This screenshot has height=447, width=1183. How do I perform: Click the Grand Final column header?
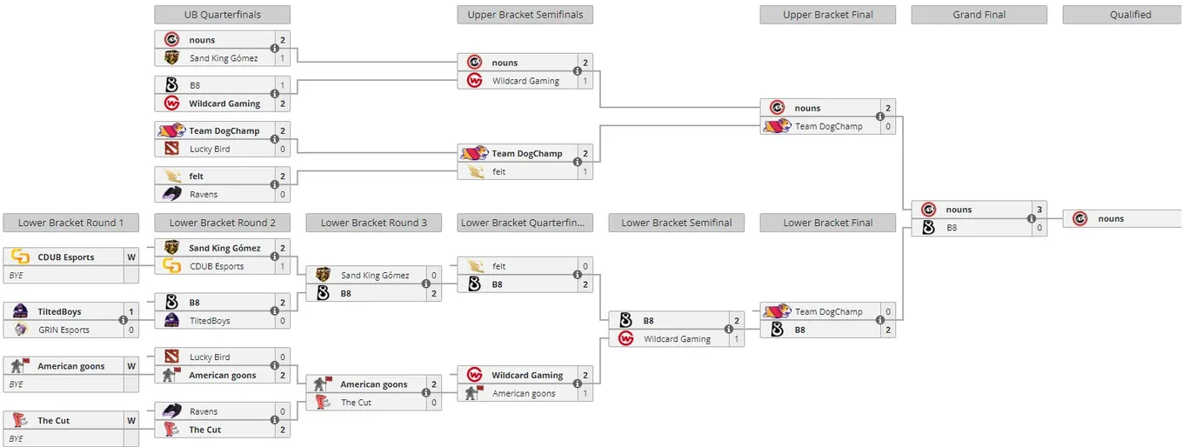click(x=979, y=15)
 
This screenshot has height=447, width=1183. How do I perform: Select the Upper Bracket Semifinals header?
click(x=525, y=15)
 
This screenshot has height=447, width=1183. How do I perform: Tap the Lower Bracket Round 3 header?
click(x=373, y=223)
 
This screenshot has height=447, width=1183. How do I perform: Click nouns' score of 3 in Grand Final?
click(x=1039, y=210)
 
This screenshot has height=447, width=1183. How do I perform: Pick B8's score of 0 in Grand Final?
click(x=1039, y=228)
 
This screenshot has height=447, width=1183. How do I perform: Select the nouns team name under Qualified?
click(x=1111, y=218)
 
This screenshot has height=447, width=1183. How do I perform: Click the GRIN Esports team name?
click(x=63, y=330)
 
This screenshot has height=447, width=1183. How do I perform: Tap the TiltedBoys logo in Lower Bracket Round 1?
click(x=20, y=311)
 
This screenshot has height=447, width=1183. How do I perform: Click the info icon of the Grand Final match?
click(x=1032, y=218)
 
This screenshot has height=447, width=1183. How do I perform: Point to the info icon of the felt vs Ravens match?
click(x=275, y=184)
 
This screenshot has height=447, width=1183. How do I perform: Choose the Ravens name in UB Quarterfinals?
click(x=204, y=194)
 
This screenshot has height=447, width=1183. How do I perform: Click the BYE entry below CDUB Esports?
click(x=17, y=275)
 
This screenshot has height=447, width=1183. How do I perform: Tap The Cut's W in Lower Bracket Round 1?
click(x=131, y=421)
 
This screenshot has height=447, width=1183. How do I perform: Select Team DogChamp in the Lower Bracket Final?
click(x=829, y=311)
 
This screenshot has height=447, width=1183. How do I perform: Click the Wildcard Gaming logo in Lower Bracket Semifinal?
click(x=625, y=339)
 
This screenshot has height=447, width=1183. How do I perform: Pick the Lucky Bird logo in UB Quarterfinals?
click(x=171, y=149)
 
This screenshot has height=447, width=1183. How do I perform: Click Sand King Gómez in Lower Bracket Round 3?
click(x=375, y=275)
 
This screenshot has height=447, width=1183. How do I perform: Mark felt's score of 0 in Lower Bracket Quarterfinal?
click(x=585, y=266)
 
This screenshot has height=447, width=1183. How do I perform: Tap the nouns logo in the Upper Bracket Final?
click(x=777, y=108)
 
